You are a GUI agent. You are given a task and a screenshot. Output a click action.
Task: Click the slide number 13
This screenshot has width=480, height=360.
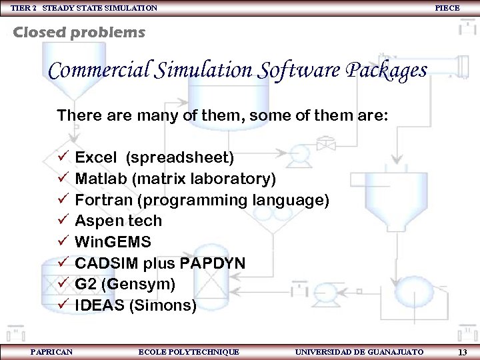point(462,352)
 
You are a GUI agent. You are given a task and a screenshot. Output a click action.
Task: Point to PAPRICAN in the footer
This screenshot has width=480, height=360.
point(51,351)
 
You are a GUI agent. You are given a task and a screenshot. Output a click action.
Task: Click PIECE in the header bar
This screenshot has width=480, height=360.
point(447,7)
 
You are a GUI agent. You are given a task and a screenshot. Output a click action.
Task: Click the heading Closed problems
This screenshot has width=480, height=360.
point(79,32)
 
